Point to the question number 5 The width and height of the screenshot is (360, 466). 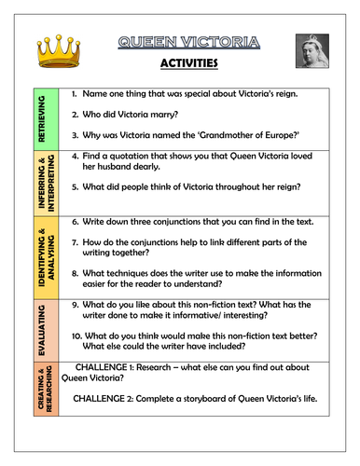(76, 208)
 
